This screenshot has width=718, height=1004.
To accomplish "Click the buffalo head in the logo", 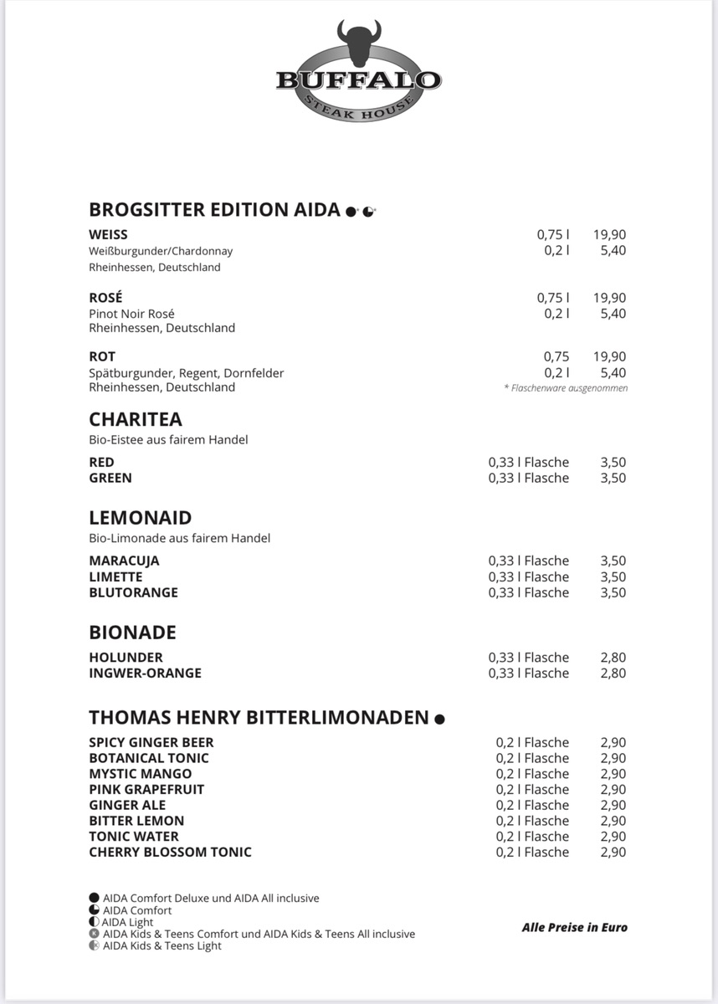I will [x=359, y=44].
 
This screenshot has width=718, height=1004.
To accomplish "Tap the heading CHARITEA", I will [x=136, y=419].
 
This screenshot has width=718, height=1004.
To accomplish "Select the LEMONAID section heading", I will [x=141, y=518].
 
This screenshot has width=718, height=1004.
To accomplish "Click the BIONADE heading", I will [x=132, y=633].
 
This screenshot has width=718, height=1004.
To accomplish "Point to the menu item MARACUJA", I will [x=124, y=561].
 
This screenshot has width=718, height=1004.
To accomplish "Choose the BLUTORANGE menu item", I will [x=133, y=592].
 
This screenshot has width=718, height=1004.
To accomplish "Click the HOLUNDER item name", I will [x=126, y=658].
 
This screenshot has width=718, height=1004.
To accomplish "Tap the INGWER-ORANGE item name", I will [x=145, y=673].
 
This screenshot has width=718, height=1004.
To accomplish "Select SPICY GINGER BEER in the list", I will [x=151, y=742].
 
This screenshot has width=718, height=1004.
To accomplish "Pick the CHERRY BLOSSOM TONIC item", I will [x=170, y=852].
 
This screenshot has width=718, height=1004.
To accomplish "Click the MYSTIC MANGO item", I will [x=140, y=774].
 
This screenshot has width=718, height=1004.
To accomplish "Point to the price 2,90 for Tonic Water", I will [x=613, y=837].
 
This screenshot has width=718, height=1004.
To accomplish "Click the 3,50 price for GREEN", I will [x=613, y=478].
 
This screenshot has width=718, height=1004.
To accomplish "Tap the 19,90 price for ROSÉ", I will [x=610, y=298].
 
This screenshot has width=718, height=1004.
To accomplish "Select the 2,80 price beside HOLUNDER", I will [x=613, y=658].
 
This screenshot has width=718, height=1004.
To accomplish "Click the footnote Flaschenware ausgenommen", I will [x=566, y=388].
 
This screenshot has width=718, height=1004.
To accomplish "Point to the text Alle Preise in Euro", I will [x=574, y=927].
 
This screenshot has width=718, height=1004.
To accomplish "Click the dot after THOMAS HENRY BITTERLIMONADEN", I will [x=439, y=719].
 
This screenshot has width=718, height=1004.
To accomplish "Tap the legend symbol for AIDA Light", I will [x=94, y=922].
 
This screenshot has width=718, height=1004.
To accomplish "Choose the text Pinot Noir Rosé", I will [x=131, y=314].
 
